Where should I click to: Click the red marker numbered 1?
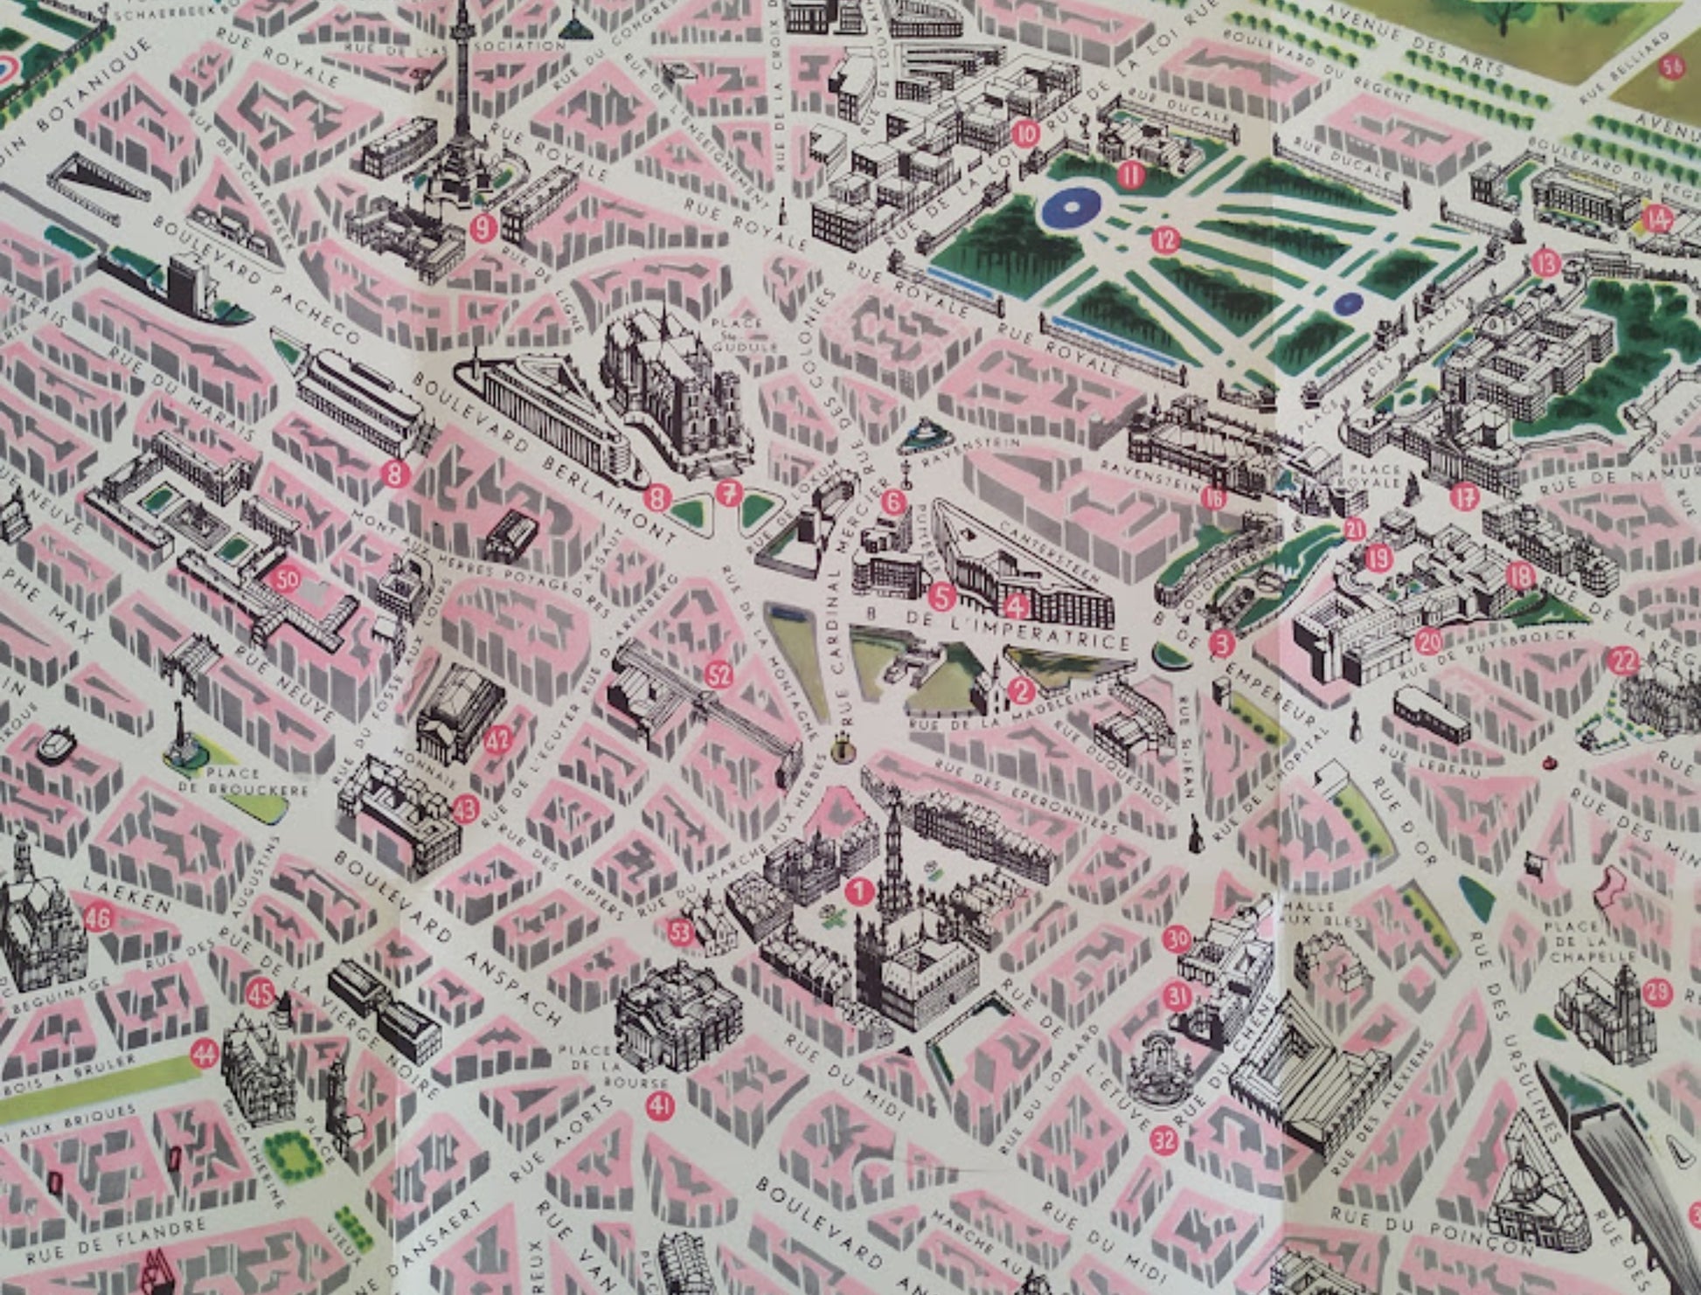[x=860, y=891]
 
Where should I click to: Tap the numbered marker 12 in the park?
[x=1164, y=239]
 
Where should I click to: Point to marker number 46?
[x=99, y=918]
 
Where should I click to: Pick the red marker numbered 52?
[x=718, y=675]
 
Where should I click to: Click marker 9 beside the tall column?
[x=483, y=228]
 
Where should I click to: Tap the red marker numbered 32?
[x=1163, y=1139]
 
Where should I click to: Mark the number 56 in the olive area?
[x=1672, y=67]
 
